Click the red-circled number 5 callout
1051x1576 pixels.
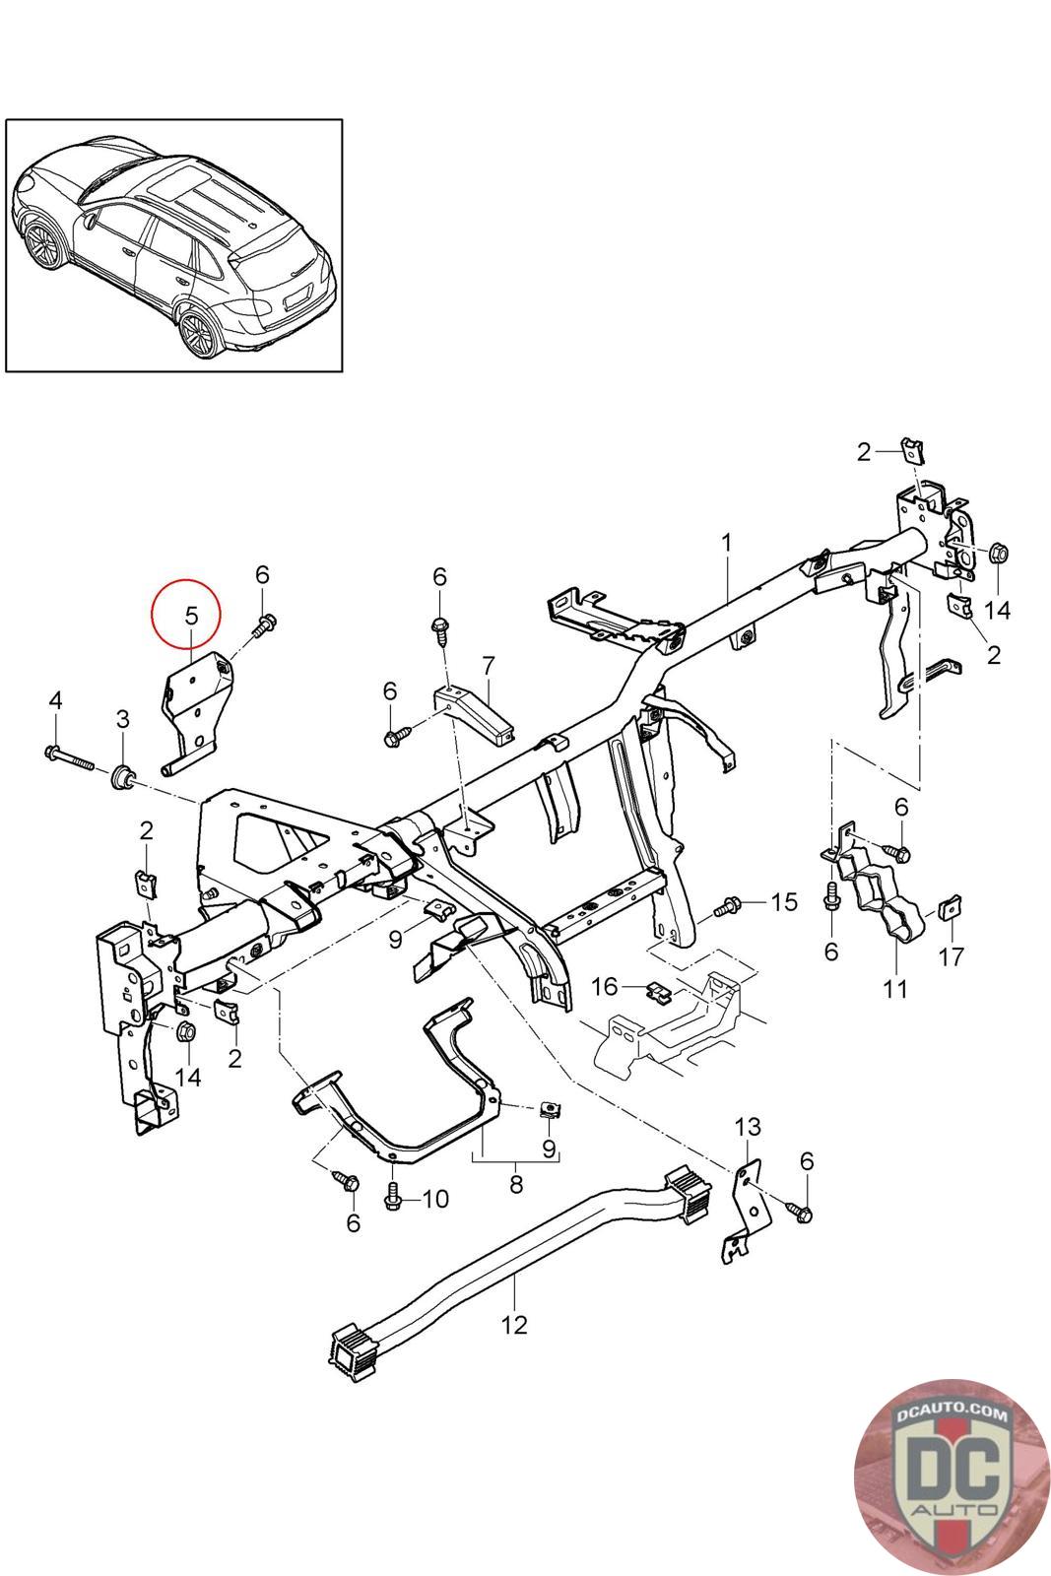pyautogui.click(x=191, y=614)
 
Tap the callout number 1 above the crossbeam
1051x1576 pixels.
pyautogui.click(x=727, y=543)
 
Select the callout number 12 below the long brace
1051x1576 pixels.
pyautogui.click(x=514, y=1324)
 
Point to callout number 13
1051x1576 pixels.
pyautogui.click(x=749, y=1126)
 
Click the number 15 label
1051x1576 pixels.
pyautogui.click(x=784, y=901)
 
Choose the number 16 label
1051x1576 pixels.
pyautogui.click(x=604, y=986)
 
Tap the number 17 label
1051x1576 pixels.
pyautogui.click(x=952, y=954)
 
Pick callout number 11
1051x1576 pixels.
pyautogui.click(x=895, y=987)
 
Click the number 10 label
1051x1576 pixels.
pyautogui.click(x=434, y=1198)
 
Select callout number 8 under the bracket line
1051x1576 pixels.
pyautogui.click(x=516, y=1185)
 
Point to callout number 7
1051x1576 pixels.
pyautogui.click(x=488, y=665)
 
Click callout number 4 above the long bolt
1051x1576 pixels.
pyautogui.click(x=55, y=700)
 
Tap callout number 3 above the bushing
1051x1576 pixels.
pyautogui.click(x=122, y=719)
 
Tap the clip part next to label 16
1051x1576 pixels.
pyautogui.click(x=657, y=989)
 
